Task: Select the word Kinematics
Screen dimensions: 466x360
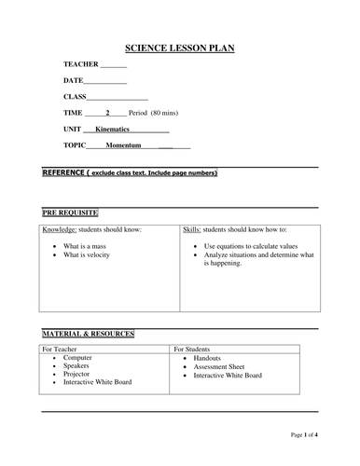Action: (x=118, y=130)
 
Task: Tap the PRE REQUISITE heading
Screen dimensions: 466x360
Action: (x=70, y=212)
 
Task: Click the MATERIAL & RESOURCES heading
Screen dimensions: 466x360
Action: (x=89, y=333)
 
